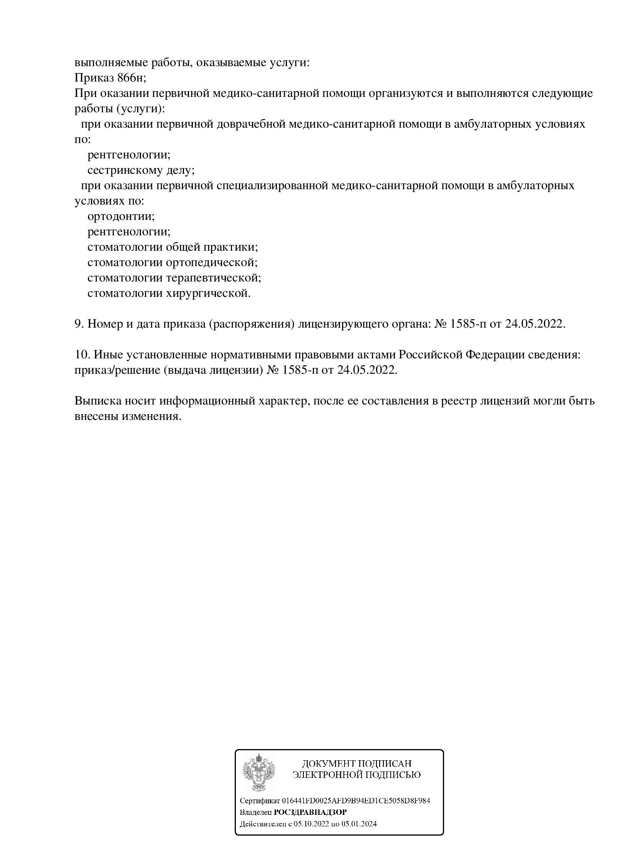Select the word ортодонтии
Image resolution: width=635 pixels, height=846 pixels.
coord(121,216)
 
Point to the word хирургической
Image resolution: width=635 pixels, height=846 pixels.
coord(208,293)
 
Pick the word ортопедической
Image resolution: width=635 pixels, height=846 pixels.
coord(211,263)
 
